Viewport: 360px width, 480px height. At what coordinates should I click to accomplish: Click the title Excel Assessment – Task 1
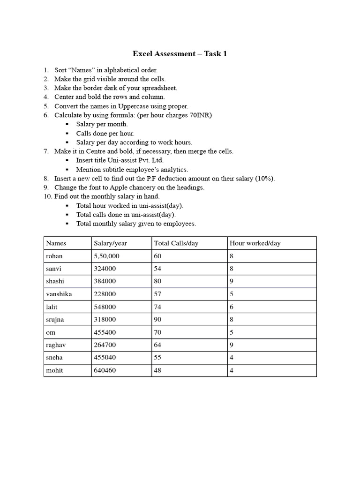180,54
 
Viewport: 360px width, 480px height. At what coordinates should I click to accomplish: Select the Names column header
56,243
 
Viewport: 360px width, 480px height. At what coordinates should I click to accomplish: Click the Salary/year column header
110,243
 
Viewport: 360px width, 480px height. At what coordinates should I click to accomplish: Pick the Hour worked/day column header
255,243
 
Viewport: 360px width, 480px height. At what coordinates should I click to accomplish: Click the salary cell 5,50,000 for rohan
106,256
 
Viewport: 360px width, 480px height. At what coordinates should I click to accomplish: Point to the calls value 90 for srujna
158,319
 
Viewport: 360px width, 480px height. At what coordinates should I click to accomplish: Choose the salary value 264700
105,345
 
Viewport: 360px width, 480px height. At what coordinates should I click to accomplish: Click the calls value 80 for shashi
158,281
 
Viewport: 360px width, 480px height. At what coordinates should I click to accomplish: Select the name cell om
50,332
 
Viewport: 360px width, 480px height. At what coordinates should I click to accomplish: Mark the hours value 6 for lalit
232,307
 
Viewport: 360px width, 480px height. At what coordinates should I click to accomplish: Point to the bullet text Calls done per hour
105,133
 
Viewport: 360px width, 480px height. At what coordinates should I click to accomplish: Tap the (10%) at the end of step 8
266,178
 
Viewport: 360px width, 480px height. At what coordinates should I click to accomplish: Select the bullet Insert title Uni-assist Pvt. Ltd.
120,160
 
